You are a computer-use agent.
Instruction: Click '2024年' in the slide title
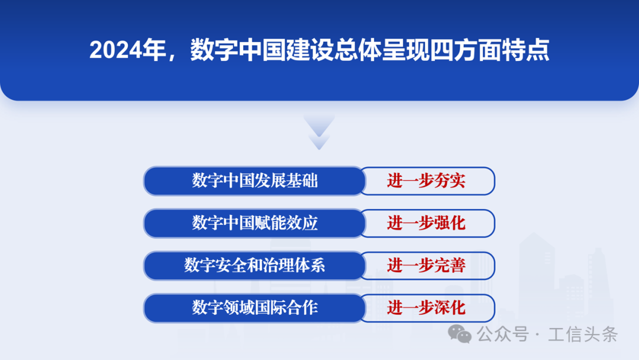pos(128,50)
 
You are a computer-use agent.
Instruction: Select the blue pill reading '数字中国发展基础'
pos(254,181)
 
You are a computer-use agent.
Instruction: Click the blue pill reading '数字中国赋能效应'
pos(254,223)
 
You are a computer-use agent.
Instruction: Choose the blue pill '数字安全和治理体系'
pos(254,265)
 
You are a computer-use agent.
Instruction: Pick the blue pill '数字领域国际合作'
pos(254,308)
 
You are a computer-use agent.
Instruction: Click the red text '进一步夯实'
pos(426,181)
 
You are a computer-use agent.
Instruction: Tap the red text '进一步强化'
pos(426,223)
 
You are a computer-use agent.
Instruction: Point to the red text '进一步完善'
pos(426,265)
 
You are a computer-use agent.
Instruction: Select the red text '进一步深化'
pos(426,308)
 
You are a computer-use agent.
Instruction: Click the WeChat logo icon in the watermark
pos(460,334)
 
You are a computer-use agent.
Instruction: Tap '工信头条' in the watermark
pos(583,335)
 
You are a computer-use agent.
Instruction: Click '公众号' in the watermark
pos(503,335)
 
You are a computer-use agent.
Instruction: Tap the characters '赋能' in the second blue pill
pos(270,223)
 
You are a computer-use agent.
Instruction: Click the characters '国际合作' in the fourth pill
pos(286,308)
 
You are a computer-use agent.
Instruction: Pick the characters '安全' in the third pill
pos(231,265)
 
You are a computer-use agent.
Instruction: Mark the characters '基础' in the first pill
pos(302,181)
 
